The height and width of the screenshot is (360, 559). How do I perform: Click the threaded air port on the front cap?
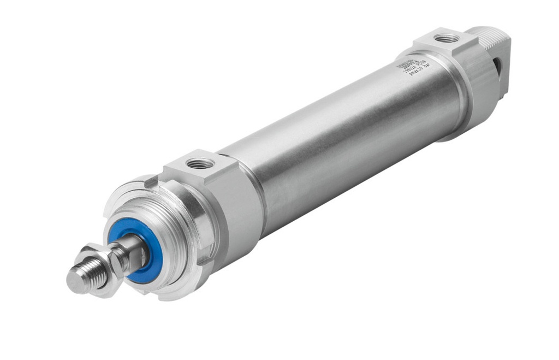[x=200, y=163]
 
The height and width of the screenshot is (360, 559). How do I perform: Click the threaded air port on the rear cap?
[x=447, y=38]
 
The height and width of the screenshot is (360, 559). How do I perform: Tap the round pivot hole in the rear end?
[x=497, y=66]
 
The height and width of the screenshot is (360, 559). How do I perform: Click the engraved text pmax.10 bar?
[x=419, y=69]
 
